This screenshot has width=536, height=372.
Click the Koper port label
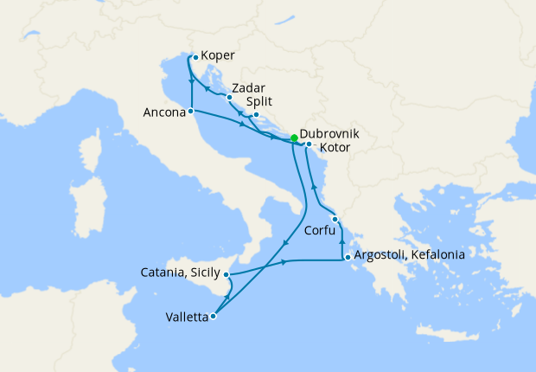click(219, 57)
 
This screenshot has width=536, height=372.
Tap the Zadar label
click(247, 88)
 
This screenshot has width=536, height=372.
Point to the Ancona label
click(164, 112)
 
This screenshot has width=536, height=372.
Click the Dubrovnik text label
click(329, 137)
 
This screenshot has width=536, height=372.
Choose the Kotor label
click(335, 150)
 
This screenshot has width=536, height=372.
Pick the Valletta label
click(186, 317)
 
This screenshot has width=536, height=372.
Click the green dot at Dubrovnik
click(294, 138)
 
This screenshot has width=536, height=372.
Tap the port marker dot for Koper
click(195, 58)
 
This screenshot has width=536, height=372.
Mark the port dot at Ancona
click(190, 112)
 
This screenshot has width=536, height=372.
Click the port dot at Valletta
click(213, 316)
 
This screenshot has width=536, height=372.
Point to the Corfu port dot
click(335, 220)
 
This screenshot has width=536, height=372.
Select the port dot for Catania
click(227, 275)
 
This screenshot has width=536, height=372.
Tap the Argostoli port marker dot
click(347, 257)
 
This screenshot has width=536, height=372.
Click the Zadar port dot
click(229, 97)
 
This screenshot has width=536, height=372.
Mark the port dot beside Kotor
click(309, 144)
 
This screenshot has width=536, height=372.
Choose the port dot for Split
click(256, 114)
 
